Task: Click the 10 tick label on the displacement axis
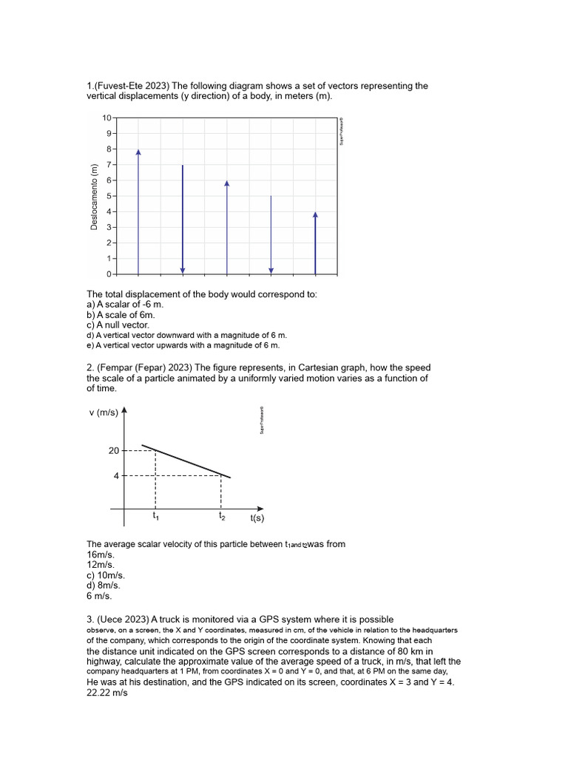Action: click(x=106, y=118)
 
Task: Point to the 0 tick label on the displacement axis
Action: click(x=108, y=274)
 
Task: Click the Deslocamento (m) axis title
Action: click(x=94, y=196)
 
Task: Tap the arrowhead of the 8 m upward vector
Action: click(x=138, y=152)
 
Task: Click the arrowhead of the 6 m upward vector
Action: click(x=227, y=183)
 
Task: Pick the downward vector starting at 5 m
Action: click(x=271, y=234)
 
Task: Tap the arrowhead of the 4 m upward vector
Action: click(x=315, y=215)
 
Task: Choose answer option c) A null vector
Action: click(x=118, y=325)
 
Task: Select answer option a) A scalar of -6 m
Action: click(x=124, y=304)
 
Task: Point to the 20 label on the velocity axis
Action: click(x=114, y=450)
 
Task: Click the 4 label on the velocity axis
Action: click(x=116, y=475)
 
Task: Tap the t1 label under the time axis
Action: click(x=155, y=516)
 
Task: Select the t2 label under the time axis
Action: click(x=222, y=516)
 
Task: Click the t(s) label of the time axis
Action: click(x=257, y=519)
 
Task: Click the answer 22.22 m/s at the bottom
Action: click(x=108, y=694)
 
